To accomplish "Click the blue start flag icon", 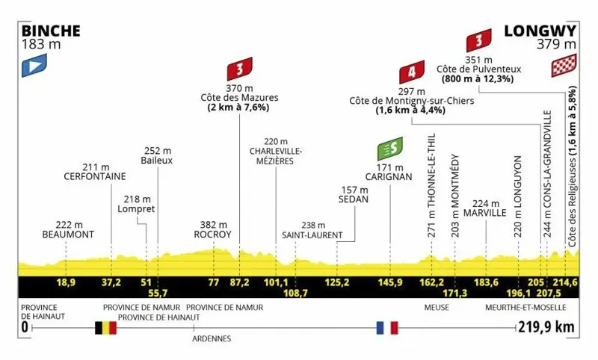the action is (34, 65).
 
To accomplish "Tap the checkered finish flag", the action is (564, 65).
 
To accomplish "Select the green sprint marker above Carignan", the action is (390, 149).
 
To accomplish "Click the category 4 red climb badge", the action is (412, 72).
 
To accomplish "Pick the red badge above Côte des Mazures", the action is (240, 69).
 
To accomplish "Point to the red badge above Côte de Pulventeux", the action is (479, 40).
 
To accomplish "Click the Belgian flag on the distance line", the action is (105, 328).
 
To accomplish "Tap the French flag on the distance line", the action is (387, 328).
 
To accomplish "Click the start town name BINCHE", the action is (51, 31).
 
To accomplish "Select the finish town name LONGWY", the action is (540, 31).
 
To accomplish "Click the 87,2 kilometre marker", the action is (239, 282).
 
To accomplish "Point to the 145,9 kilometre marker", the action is (389, 282).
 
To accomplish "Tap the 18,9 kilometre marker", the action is (66, 282).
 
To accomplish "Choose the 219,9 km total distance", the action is (546, 327).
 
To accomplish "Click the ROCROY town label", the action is (213, 235).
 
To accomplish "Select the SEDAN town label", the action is (354, 199).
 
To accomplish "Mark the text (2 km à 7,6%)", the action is (238, 108).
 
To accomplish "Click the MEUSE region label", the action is (437, 308).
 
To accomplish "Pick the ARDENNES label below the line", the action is (212, 338).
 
